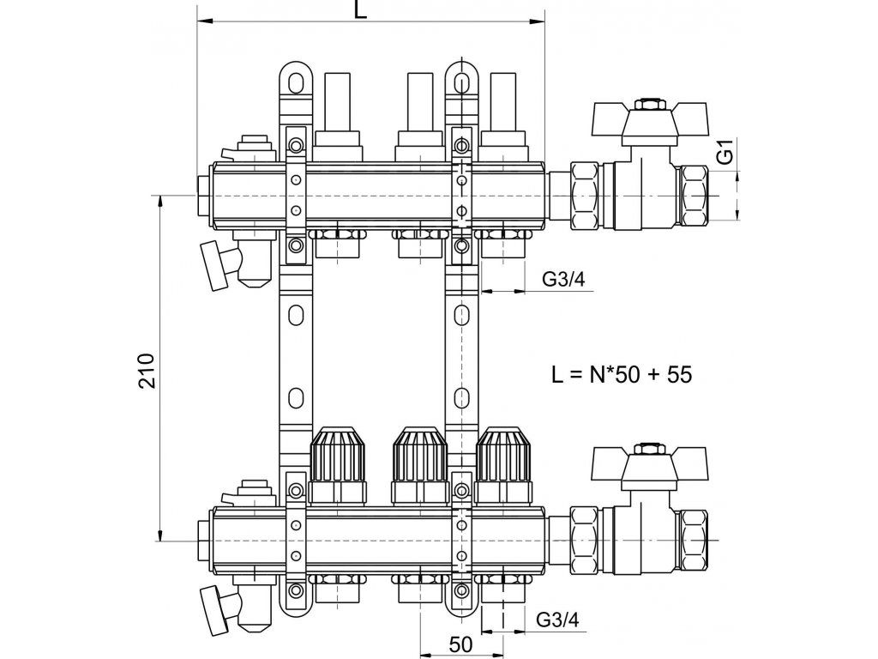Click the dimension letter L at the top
point(361,9)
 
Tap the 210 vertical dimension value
point(147,371)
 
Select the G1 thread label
point(726,153)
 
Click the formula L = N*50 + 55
point(622,374)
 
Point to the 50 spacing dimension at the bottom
point(460,644)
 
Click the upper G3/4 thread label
point(563,279)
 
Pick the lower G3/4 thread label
point(557,620)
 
